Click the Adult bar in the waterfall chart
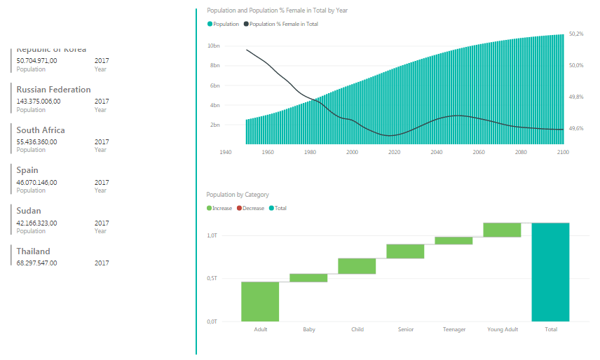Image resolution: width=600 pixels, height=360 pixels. point(260,301)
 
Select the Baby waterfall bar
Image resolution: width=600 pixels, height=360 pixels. point(308,278)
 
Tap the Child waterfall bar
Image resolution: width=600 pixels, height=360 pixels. point(357,266)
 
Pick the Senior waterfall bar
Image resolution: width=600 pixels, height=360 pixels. point(405,251)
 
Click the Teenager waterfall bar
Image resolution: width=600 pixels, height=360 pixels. point(454,240)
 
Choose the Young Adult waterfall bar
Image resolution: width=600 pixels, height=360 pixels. point(502,230)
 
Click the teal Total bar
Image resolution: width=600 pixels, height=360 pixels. point(550,272)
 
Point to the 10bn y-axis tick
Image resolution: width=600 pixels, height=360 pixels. point(212,46)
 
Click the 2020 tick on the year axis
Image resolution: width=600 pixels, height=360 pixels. point(394,152)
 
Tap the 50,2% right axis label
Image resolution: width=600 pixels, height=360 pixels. point(576,34)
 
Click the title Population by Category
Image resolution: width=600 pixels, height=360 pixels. point(238,195)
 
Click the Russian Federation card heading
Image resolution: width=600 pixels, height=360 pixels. point(53,90)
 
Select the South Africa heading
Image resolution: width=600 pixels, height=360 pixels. point(41,130)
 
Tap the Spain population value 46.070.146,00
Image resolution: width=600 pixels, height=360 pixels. point(36,182)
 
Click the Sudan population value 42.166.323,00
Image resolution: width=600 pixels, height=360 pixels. point(36,223)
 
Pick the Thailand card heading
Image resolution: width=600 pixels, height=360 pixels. point(33,251)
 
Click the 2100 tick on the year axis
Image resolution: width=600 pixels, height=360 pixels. point(562,152)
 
